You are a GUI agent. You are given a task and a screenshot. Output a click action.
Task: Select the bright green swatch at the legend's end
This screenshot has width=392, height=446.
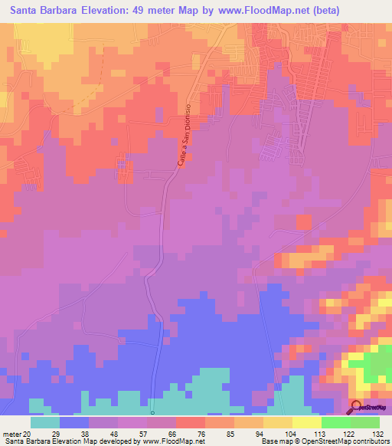click(365, 422)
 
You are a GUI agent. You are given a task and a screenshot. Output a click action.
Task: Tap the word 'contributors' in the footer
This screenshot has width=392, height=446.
click(368, 441)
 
